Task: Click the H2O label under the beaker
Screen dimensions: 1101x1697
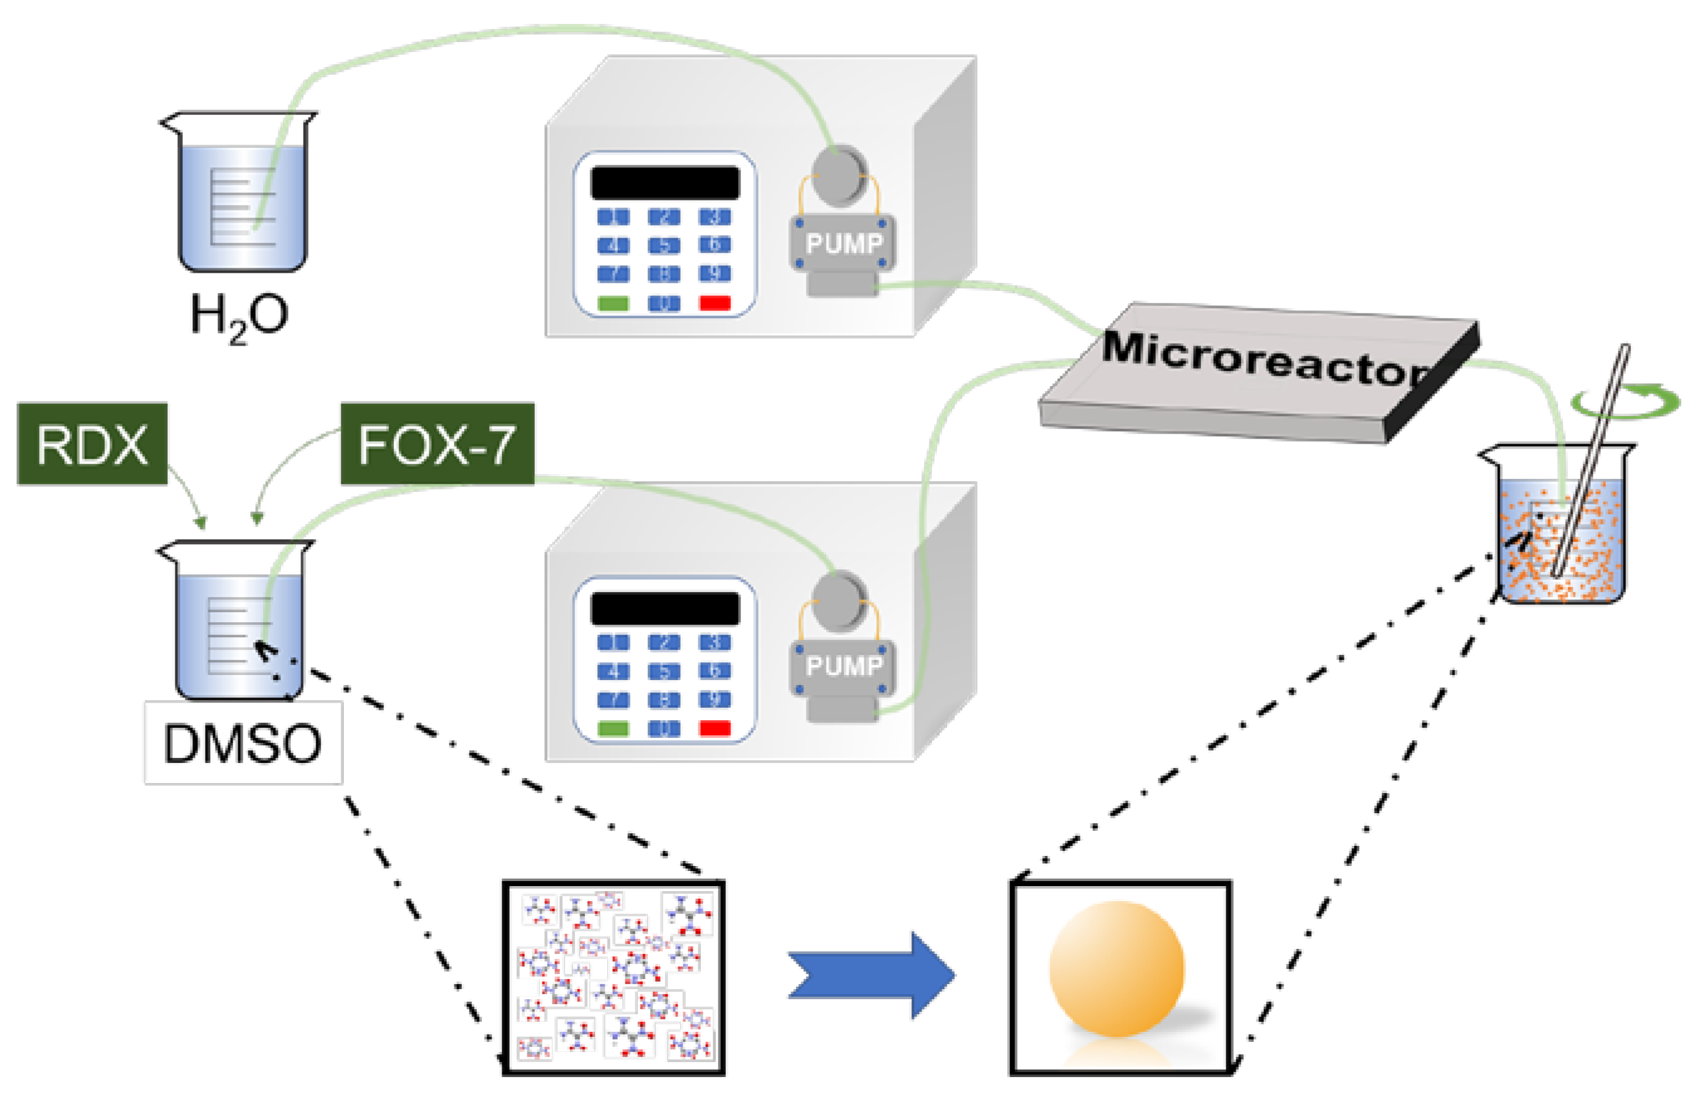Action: pyautogui.click(x=239, y=316)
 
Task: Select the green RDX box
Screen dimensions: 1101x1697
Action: pyautogui.click(x=92, y=444)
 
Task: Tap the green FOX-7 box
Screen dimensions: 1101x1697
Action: pyautogui.click(x=436, y=444)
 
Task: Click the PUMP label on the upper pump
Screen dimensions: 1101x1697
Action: pyautogui.click(x=843, y=244)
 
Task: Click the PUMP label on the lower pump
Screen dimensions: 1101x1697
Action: pyautogui.click(x=843, y=666)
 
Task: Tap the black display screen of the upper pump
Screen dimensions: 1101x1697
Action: pyautogui.click(x=664, y=182)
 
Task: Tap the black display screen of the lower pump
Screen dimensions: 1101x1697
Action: pyautogui.click(x=664, y=608)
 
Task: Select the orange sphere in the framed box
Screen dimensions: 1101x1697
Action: pyautogui.click(x=1116, y=968)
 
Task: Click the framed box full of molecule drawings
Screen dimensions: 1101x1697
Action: pyautogui.click(x=613, y=977)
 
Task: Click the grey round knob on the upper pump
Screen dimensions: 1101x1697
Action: pyautogui.click(x=838, y=175)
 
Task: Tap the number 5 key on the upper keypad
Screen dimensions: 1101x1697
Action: pyautogui.click(x=664, y=245)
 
